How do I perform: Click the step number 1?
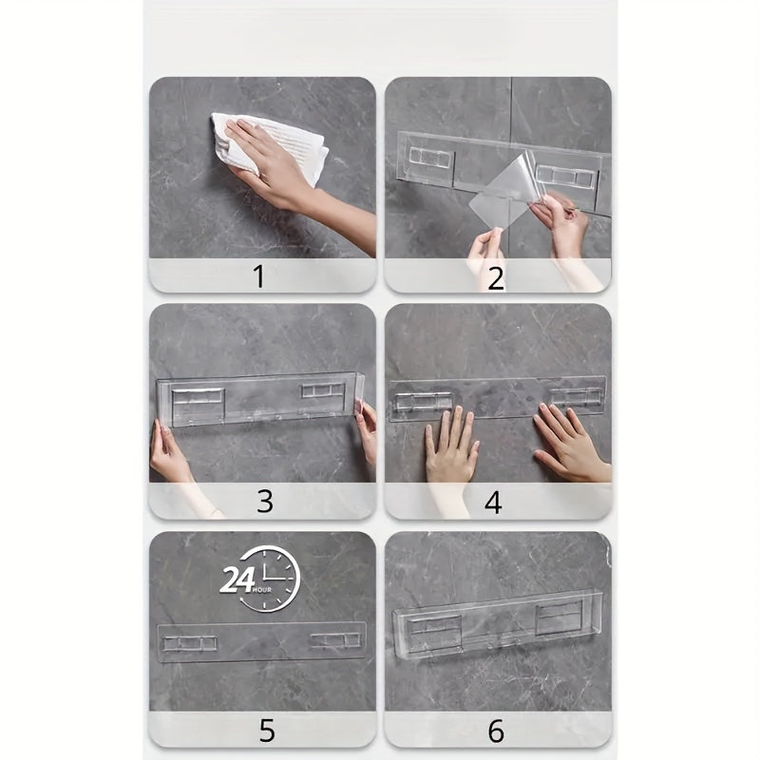(x=258, y=276)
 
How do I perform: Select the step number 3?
(x=264, y=502)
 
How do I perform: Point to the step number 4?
(x=493, y=502)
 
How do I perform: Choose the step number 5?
(x=267, y=730)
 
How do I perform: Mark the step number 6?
(x=496, y=730)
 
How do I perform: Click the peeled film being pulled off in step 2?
(x=507, y=190)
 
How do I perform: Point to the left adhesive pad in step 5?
(x=190, y=643)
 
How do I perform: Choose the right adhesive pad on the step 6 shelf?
(x=559, y=617)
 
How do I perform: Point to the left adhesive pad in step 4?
(x=423, y=401)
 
